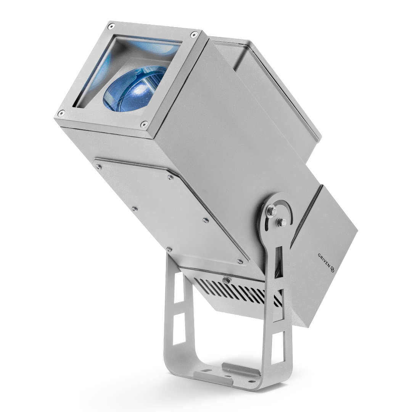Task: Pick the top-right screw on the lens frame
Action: point(194,34)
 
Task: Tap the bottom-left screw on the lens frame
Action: point(61,113)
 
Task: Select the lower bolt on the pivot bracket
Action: point(282,222)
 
